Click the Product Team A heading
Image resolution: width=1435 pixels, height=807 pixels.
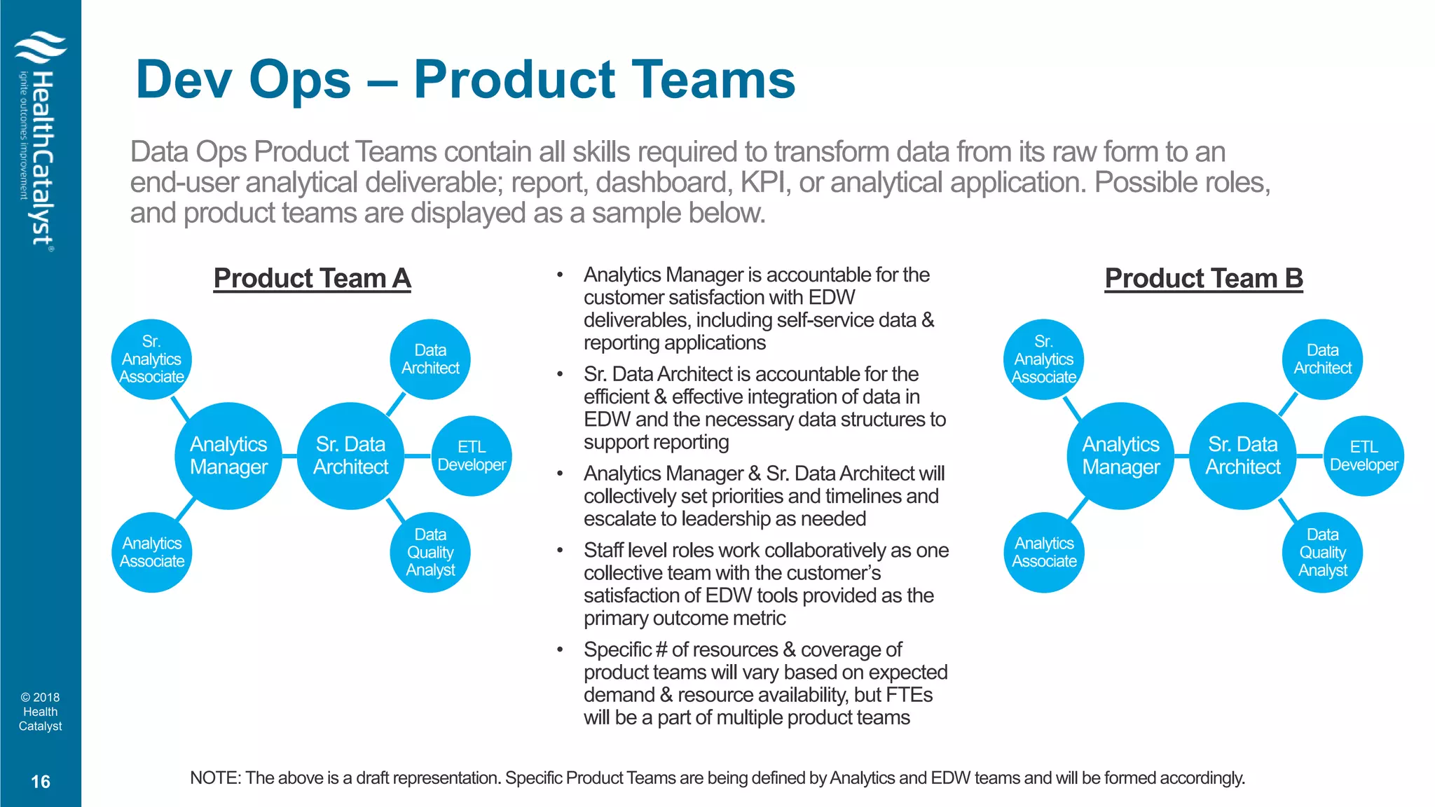pyautogui.click(x=312, y=278)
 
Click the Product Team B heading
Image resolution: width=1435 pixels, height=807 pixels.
pyautogui.click(x=1203, y=278)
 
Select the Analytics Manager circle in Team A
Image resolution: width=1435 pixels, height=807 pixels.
pyautogui.click(x=228, y=455)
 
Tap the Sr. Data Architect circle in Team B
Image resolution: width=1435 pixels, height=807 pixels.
pyautogui.click(x=1242, y=455)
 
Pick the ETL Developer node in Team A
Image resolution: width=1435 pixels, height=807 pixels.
pyautogui.click(x=472, y=455)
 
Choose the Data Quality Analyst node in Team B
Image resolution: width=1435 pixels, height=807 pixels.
pyautogui.click(x=1322, y=552)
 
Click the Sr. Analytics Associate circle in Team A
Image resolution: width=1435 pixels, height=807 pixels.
pyautogui.click(x=151, y=359)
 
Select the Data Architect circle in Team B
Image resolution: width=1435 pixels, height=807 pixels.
pyautogui.click(x=1322, y=359)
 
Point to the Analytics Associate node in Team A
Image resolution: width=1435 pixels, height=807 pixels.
pyautogui.click(x=151, y=552)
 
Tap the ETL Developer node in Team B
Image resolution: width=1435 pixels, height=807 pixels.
pyautogui.click(x=1364, y=455)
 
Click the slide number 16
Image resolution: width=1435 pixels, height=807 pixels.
pyautogui.click(x=41, y=782)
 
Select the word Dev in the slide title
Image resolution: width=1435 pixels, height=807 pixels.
pyautogui.click(x=184, y=80)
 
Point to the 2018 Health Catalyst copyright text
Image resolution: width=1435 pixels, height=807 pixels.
pyautogui.click(x=41, y=712)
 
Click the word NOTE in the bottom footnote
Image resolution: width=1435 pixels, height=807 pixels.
pyautogui.click(x=214, y=778)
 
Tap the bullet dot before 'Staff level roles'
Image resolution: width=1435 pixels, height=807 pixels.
pyautogui.click(x=560, y=551)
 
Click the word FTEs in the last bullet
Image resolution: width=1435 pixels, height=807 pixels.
pyautogui.click(x=909, y=695)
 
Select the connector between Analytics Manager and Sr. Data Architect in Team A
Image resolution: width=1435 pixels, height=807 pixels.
pyautogui.click(x=289, y=456)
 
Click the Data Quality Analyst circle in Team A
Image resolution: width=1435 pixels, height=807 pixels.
pyautogui.click(x=430, y=552)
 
